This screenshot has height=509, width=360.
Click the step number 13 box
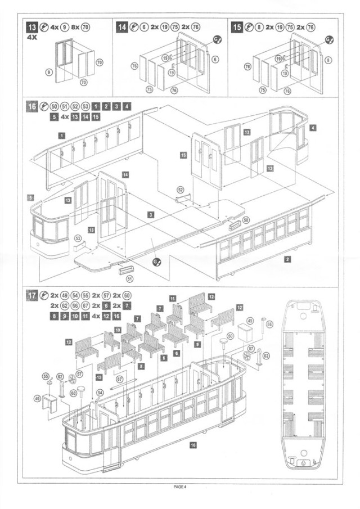point(31,27)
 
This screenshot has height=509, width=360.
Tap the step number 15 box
point(237,27)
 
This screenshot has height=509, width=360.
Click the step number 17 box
point(31,295)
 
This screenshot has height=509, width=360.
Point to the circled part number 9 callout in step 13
point(49,72)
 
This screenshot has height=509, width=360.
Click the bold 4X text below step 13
point(33,38)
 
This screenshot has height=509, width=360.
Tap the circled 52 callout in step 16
point(180,190)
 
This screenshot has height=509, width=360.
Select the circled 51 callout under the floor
point(130,277)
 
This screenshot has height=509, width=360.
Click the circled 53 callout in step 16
point(78,239)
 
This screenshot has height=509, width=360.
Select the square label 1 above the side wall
point(61,135)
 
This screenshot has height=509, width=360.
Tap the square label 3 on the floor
point(151,214)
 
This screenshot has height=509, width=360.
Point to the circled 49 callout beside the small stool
point(37,398)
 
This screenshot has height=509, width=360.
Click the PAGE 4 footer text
point(179,487)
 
